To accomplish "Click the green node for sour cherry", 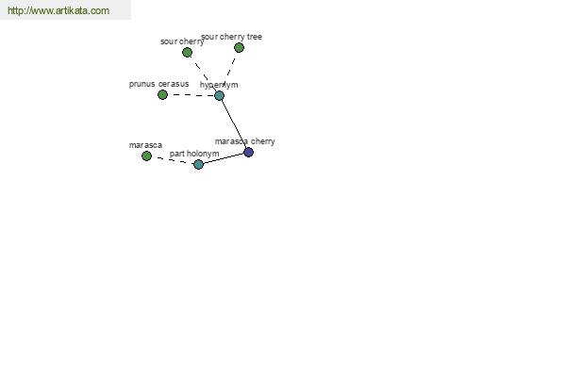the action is (187, 53).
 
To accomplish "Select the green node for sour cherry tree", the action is (239, 48).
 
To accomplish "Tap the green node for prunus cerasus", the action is (163, 95).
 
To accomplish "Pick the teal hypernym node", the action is (220, 95).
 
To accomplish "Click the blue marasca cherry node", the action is (249, 153).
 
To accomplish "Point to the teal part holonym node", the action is (198, 165).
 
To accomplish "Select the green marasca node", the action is (146, 156).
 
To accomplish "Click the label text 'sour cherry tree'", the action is (232, 37).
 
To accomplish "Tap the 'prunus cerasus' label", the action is (158, 84).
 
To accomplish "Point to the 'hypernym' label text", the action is (219, 85).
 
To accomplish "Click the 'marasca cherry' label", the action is (244, 141).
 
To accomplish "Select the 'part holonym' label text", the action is (194, 154).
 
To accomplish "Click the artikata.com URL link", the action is (58, 10).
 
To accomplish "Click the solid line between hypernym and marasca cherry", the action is (234, 123).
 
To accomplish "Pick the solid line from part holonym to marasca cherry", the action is (224, 158).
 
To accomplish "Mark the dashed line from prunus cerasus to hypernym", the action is (191, 95).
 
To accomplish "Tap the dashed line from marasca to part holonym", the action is (173, 160).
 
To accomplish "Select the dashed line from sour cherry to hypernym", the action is (203, 74).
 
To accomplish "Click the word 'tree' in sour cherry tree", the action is (255, 37).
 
